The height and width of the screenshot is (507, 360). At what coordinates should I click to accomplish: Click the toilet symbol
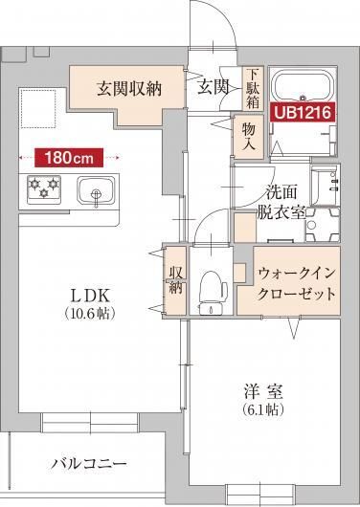point(212,290)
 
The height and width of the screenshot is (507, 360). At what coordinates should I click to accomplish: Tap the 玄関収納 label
point(127,88)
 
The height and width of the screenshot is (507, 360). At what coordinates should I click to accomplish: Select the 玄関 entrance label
point(212,87)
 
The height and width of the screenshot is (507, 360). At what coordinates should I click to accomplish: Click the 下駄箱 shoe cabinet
point(252,87)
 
